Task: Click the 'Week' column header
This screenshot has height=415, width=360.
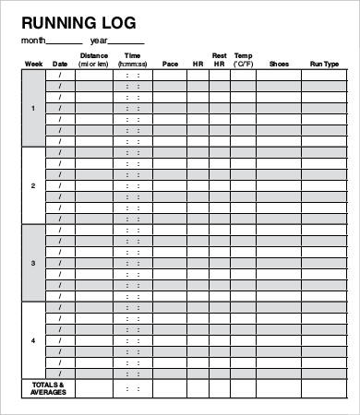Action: pyautogui.click(x=33, y=64)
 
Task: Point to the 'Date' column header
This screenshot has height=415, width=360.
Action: pyautogui.click(x=60, y=64)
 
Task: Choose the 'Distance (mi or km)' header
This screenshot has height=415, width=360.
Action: pyautogui.click(x=94, y=60)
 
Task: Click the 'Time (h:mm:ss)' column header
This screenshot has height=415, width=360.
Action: pyautogui.click(x=133, y=60)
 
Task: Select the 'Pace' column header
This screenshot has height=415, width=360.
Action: pyautogui.click(x=170, y=64)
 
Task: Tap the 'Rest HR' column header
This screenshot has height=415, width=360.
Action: pyautogui.click(x=220, y=60)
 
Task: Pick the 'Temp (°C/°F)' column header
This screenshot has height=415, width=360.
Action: pyautogui.click(x=244, y=60)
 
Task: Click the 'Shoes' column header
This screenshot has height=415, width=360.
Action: pyautogui.click(x=279, y=64)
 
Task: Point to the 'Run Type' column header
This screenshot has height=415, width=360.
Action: pyautogui.click(x=324, y=64)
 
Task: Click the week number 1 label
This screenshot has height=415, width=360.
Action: pyautogui.click(x=33, y=109)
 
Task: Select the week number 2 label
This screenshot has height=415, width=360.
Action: pyautogui.click(x=33, y=185)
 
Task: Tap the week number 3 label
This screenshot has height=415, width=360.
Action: pyautogui.click(x=33, y=263)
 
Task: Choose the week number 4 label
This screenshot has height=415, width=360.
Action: pyautogui.click(x=33, y=339)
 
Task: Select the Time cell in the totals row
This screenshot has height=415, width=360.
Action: pyautogui.click(x=133, y=387)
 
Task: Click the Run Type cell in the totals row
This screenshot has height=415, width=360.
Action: pyautogui.click(x=324, y=387)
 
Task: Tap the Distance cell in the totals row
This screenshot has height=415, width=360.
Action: pyautogui.click(x=94, y=387)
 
